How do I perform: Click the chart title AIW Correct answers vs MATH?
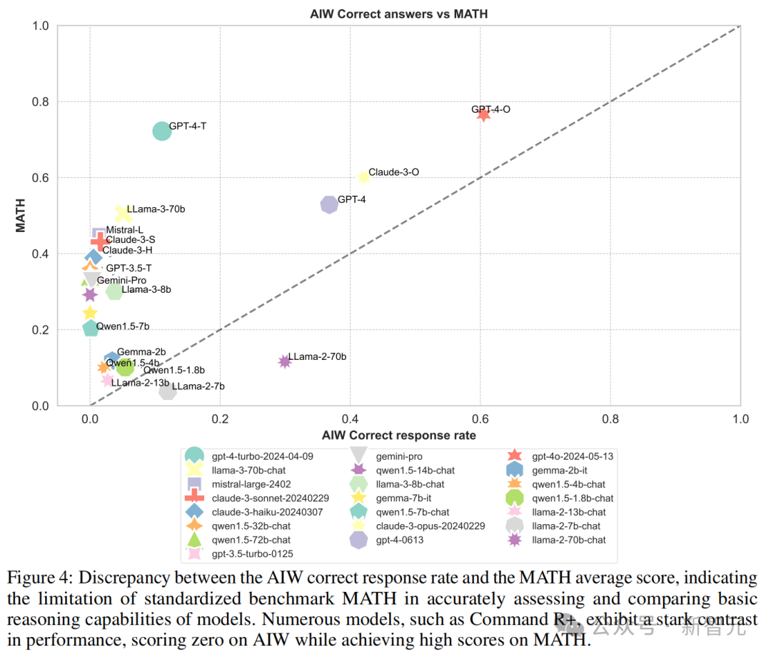click(399, 14)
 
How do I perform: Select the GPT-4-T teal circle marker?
click(162, 131)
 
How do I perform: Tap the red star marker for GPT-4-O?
click(483, 114)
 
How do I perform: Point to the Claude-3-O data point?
click(363, 177)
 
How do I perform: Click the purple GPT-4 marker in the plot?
click(329, 204)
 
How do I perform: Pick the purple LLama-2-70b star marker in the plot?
click(285, 361)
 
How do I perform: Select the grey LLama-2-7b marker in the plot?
click(168, 391)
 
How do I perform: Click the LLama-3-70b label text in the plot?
click(156, 209)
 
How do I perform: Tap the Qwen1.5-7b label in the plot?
click(123, 326)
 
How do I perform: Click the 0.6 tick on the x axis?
click(480, 419)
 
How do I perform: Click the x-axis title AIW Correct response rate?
click(398, 435)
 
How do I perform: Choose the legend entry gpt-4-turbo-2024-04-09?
click(263, 456)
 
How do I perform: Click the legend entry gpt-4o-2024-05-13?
click(573, 456)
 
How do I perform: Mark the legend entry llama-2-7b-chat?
click(568, 526)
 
